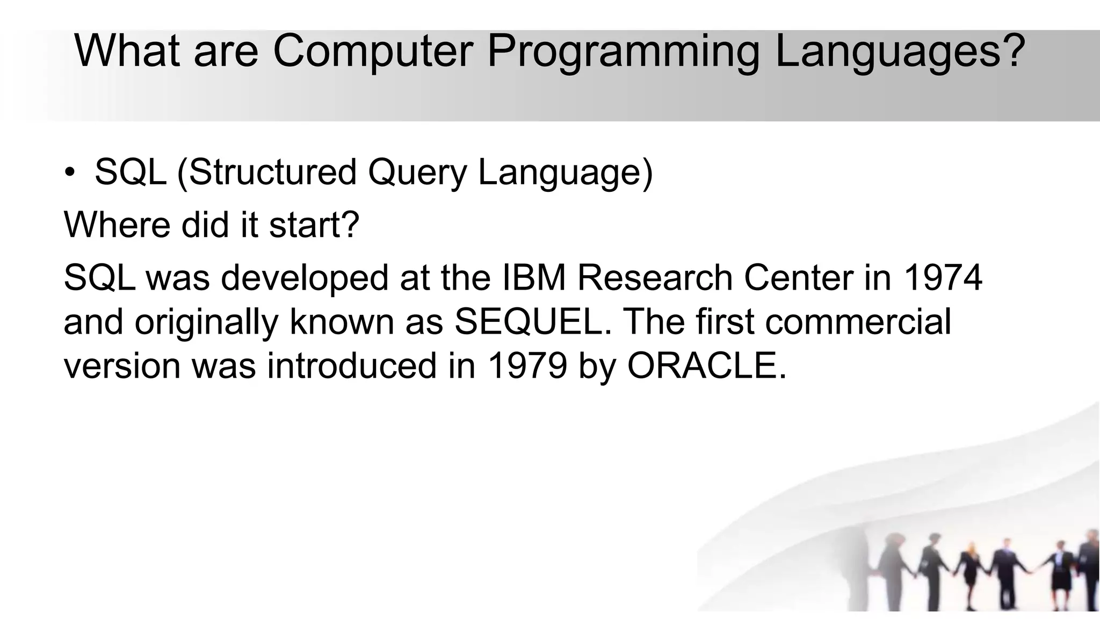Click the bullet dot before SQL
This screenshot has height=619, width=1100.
point(70,172)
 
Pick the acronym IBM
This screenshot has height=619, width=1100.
point(534,278)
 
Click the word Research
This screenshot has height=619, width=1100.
point(654,278)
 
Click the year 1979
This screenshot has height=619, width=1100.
point(527,366)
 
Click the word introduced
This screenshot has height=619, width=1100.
point(352,366)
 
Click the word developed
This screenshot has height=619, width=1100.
point(304,279)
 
